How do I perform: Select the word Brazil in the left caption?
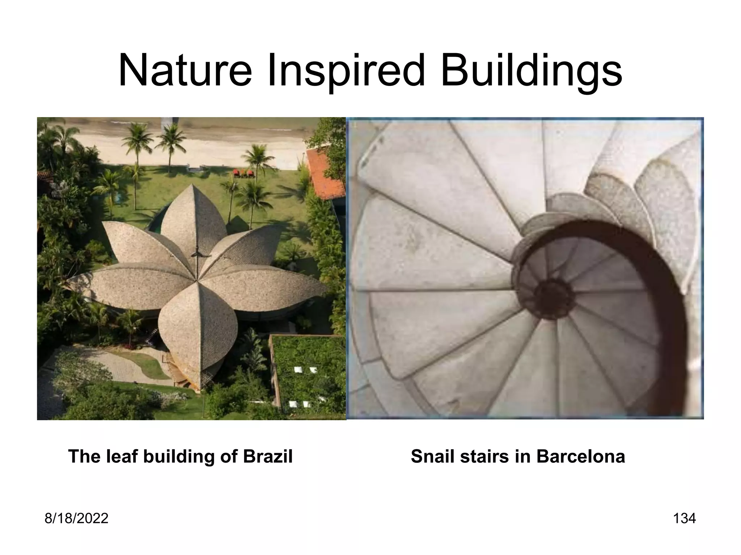coord(267,456)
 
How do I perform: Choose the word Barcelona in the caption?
coord(580,456)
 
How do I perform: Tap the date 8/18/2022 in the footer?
coord(76,519)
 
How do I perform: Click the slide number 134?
coord(684,519)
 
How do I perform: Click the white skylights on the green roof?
coord(303,370)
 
